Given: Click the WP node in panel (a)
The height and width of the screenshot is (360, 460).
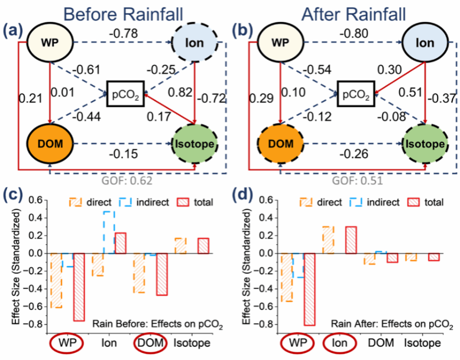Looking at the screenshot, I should [x=50, y=43].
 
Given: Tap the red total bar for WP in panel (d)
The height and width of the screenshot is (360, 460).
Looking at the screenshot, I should [x=309, y=289].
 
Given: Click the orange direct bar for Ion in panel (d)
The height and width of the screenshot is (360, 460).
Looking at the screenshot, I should [x=328, y=240].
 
